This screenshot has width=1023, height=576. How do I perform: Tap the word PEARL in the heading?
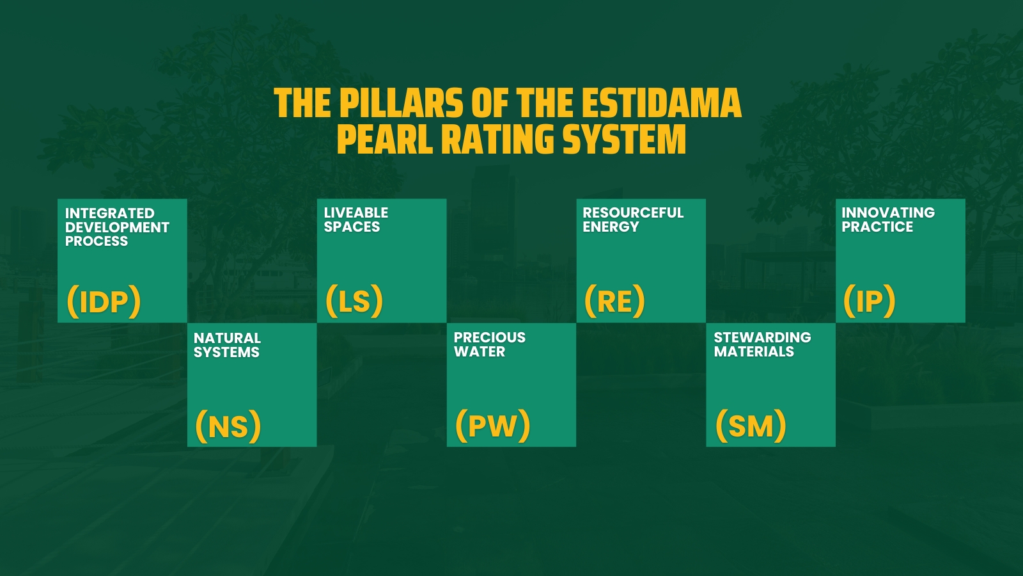pyautogui.click(x=383, y=140)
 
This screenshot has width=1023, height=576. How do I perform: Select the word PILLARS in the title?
pyautogui.click(x=401, y=104)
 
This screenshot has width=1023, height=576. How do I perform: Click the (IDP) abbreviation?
pyautogui.click(x=104, y=301)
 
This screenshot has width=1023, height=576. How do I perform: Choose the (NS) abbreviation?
pyautogui.click(x=228, y=426)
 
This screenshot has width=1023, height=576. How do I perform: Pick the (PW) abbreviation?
pyautogui.click(x=492, y=425)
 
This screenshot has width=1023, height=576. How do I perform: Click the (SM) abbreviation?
pyautogui.click(x=751, y=425)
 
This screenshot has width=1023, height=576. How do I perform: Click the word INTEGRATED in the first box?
pyautogui.click(x=109, y=213)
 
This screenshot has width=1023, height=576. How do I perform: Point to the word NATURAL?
pyautogui.click(x=227, y=338)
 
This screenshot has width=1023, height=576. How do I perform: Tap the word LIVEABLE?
pyautogui.click(x=355, y=212)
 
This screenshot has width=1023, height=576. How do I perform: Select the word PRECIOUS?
pyautogui.click(x=489, y=337)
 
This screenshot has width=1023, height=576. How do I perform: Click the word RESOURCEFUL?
pyautogui.click(x=633, y=212)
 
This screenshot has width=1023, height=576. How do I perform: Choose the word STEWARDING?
pyautogui.click(x=762, y=337)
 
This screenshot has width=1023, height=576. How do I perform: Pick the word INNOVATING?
pyautogui.click(x=887, y=212)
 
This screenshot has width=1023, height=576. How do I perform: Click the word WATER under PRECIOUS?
pyautogui.click(x=480, y=351)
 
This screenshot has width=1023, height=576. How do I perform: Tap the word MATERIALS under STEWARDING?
pyautogui.click(x=754, y=351)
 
